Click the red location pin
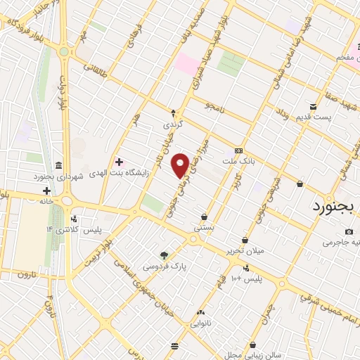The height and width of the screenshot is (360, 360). tap(181, 165)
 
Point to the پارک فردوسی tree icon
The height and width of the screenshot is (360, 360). tap(164, 256)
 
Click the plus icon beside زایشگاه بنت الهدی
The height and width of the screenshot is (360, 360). tap(119, 162)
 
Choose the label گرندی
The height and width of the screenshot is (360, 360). tap(172, 124)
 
